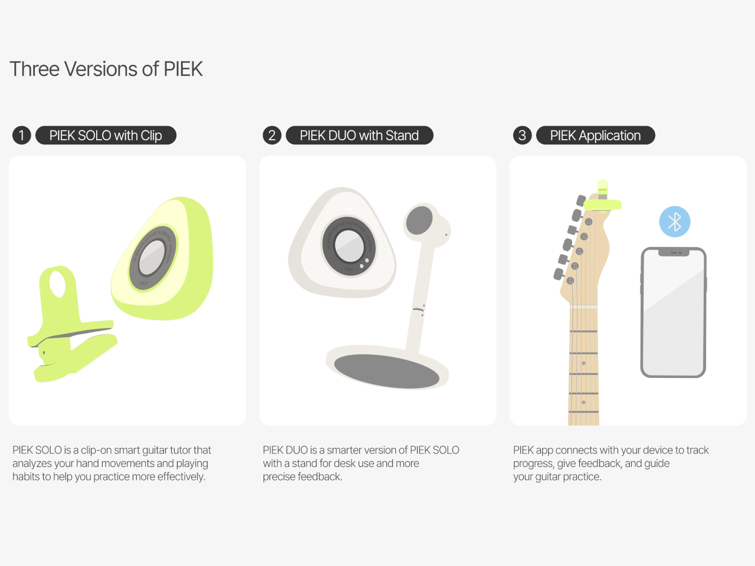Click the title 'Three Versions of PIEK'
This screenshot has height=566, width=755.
point(106,69)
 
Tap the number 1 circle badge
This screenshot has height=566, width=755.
point(21,136)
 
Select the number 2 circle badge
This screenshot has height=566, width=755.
point(272,136)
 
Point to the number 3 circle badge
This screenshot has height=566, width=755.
point(522,136)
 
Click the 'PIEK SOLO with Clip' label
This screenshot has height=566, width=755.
point(106,136)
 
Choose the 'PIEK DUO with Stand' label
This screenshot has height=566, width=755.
point(359,136)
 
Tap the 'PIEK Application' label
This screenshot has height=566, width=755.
point(595,136)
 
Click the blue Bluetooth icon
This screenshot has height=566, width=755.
point(674,222)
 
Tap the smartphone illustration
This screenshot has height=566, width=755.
point(673,312)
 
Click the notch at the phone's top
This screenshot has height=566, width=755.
point(674,253)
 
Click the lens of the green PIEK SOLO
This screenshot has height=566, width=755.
point(152,258)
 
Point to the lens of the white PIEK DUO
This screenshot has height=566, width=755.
point(349,246)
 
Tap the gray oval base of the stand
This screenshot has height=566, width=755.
point(386,371)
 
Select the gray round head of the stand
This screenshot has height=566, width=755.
point(419,220)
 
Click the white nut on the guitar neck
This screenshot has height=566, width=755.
point(583,307)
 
